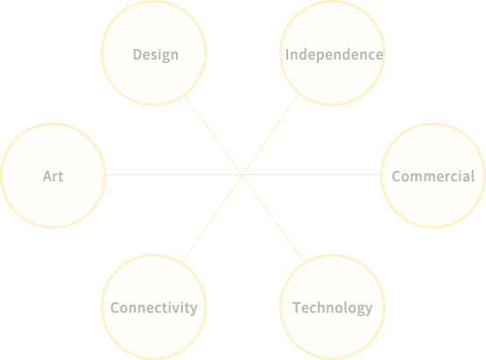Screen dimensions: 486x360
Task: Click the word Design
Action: [156, 55]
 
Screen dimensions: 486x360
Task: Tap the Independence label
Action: [335, 54]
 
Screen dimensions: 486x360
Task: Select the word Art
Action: [53, 176]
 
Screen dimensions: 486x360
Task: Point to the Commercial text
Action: [433, 176]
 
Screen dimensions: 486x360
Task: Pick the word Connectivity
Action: [154, 308]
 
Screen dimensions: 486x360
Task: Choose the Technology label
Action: [332, 308]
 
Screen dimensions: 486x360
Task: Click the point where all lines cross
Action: [243, 175]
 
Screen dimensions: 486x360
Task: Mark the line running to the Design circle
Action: [214, 135]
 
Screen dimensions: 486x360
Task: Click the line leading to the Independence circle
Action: [271, 134]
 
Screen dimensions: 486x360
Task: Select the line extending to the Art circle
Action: [174, 175]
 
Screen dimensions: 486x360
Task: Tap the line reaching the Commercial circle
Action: [312, 175]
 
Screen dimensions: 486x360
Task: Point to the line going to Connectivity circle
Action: [212, 219]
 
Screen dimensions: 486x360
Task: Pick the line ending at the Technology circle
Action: [274, 219]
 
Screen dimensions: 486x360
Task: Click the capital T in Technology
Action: [298, 307]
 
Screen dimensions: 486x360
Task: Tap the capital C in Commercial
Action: [397, 176]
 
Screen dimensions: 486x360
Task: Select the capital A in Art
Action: [48, 176]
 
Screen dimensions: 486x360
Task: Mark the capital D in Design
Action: [138, 54]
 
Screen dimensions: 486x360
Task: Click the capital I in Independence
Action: [287, 54]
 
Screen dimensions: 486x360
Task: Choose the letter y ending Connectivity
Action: [194, 309]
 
